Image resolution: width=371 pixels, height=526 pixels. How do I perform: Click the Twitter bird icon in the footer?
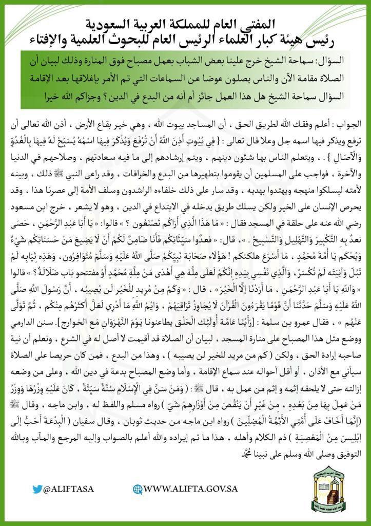(x=36, y=489)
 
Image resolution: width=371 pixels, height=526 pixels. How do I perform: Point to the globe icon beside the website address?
(x=137, y=489)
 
